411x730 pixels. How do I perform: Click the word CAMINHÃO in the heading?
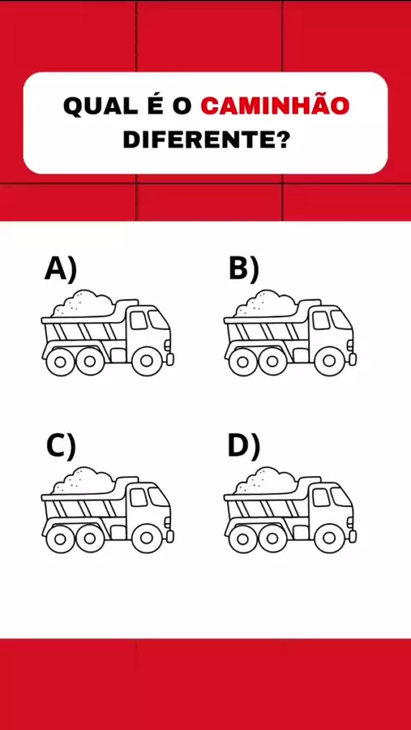[x=275, y=106]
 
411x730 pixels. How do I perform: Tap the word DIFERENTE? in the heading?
[x=205, y=140]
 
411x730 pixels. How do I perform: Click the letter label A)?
[x=60, y=270]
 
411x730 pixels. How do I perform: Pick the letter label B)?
[x=243, y=270]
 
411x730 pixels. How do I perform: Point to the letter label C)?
[x=61, y=447]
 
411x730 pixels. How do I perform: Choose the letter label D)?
[x=243, y=447]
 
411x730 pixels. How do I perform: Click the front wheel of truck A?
[x=146, y=361]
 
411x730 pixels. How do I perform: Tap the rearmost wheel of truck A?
[x=60, y=361]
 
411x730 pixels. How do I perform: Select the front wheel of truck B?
[x=329, y=361]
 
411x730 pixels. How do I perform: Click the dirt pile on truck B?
[x=265, y=303]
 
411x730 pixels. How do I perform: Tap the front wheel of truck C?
[x=146, y=539]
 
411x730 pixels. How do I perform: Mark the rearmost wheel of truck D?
[x=242, y=539]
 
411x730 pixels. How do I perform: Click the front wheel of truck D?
[x=329, y=539]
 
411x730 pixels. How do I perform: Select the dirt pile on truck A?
[x=82, y=303]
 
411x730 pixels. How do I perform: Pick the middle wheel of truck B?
[x=272, y=361]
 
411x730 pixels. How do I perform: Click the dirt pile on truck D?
[x=265, y=480]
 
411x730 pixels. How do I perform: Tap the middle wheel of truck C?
[x=90, y=539]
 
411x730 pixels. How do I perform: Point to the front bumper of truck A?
[x=170, y=359]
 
